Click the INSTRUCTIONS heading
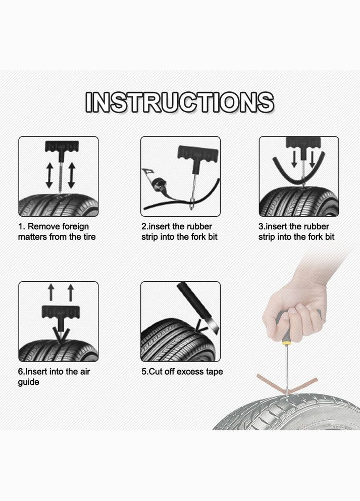(180, 102)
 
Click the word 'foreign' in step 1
(75, 227)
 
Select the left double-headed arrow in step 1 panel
(49, 175)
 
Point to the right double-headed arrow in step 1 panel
(71, 175)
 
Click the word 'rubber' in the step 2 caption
(199, 227)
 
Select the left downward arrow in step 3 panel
(294, 159)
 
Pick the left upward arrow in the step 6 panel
(51, 292)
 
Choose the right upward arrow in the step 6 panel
(71, 292)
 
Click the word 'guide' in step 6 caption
(28, 382)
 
